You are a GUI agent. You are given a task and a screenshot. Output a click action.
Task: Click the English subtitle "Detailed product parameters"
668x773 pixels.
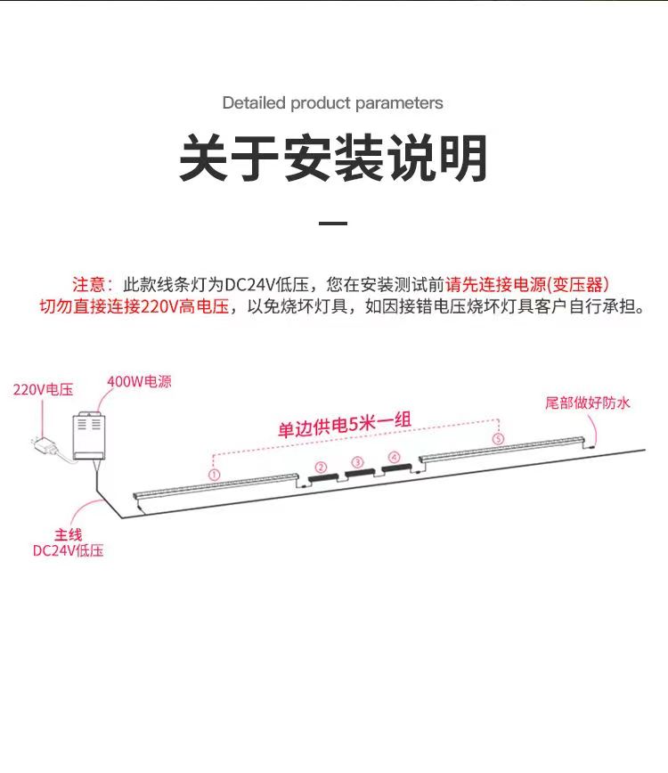click(x=333, y=103)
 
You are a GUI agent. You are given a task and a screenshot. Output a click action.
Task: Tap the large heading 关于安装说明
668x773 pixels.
click(x=334, y=159)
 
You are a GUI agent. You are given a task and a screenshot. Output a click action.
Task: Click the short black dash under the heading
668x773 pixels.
click(x=333, y=224)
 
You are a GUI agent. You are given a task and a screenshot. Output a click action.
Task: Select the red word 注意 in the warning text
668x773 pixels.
click(x=89, y=284)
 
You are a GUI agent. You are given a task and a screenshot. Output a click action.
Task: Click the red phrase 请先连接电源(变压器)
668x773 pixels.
click(x=527, y=284)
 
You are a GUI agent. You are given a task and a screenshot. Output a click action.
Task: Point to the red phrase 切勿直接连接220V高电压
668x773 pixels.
click(x=134, y=306)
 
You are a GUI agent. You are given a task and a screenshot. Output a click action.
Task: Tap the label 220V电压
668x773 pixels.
click(x=44, y=389)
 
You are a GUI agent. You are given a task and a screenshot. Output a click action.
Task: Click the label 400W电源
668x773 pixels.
click(x=140, y=381)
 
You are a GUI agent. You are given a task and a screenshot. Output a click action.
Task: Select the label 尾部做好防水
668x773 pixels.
click(x=588, y=403)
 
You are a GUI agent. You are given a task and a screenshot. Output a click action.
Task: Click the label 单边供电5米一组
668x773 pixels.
click(x=345, y=425)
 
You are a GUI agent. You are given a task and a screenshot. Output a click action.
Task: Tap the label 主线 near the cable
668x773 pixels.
click(x=68, y=535)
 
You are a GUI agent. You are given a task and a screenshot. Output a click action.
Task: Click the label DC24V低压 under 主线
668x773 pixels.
click(x=68, y=550)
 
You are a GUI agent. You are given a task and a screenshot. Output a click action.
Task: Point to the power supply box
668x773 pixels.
click(x=89, y=435)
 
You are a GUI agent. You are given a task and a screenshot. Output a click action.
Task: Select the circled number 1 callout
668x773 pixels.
click(x=214, y=475)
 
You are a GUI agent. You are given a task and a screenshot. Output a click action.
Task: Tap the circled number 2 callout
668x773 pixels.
click(x=321, y=467)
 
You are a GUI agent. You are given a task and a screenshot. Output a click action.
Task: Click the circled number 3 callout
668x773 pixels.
click(x=357, y=462)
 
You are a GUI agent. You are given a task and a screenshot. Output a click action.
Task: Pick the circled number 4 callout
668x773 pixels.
click(x=395, y=457)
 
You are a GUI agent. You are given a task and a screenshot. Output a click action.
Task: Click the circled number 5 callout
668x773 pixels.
click(x=499, y=438)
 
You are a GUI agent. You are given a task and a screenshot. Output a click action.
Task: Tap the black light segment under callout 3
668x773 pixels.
click(x=360, y=473)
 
